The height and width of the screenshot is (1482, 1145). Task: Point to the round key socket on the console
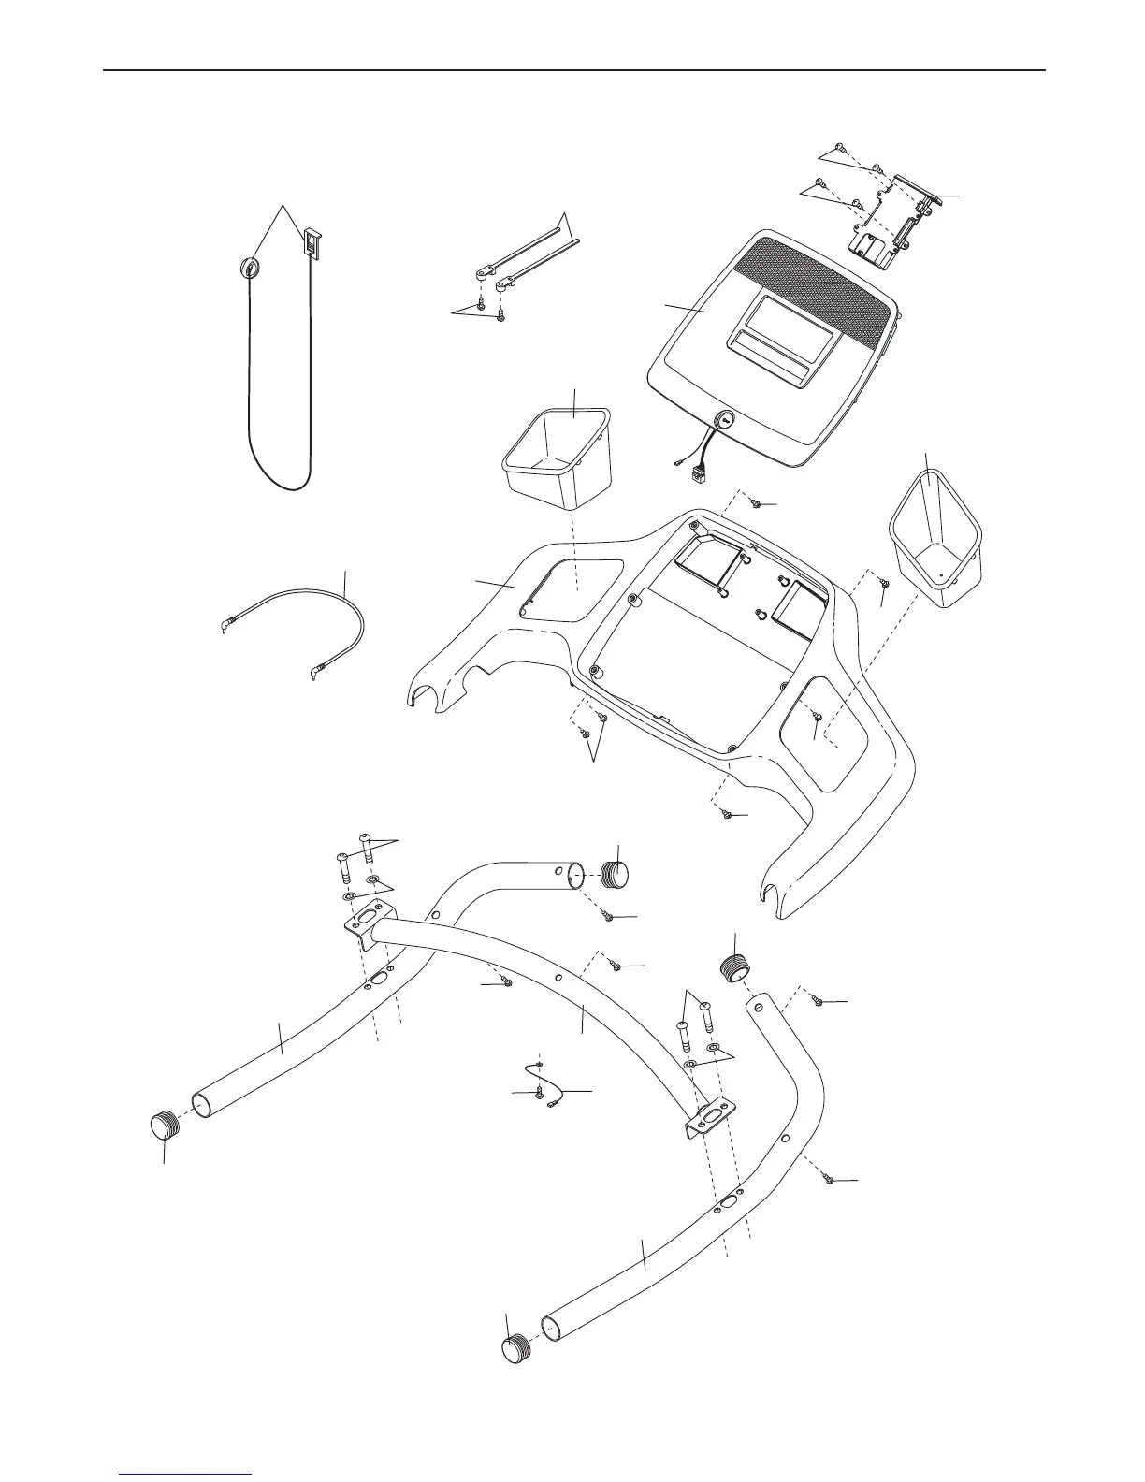725,421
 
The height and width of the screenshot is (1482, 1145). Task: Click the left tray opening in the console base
570,590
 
